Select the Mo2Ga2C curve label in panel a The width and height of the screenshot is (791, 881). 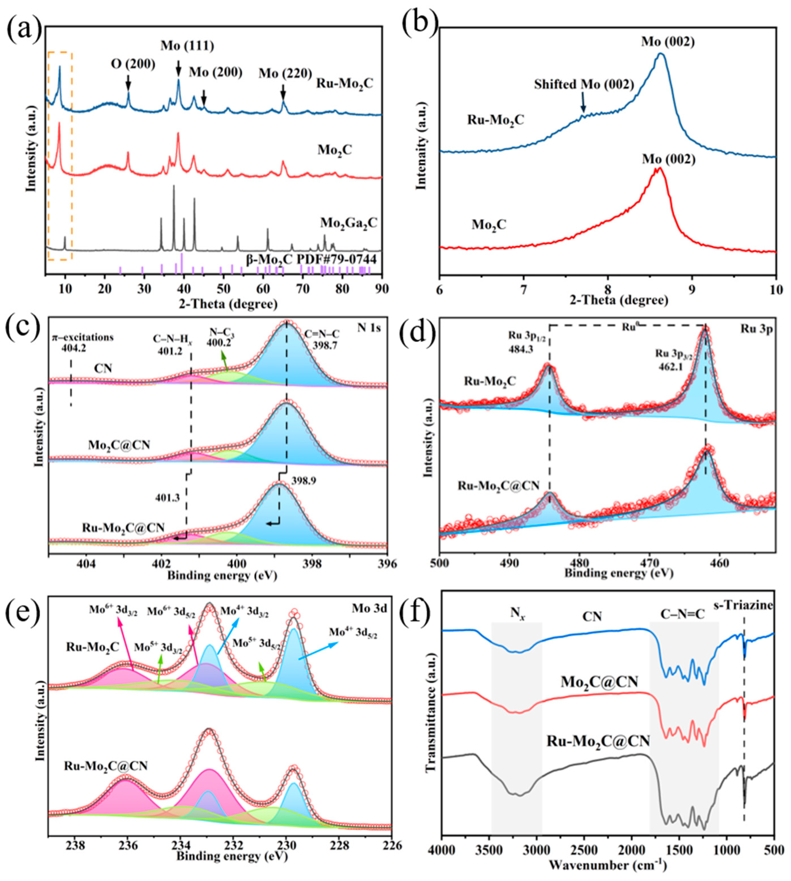coord(349,223)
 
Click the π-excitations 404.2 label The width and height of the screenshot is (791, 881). coord(82,342)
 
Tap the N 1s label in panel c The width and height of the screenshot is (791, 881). coord(369,328)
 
